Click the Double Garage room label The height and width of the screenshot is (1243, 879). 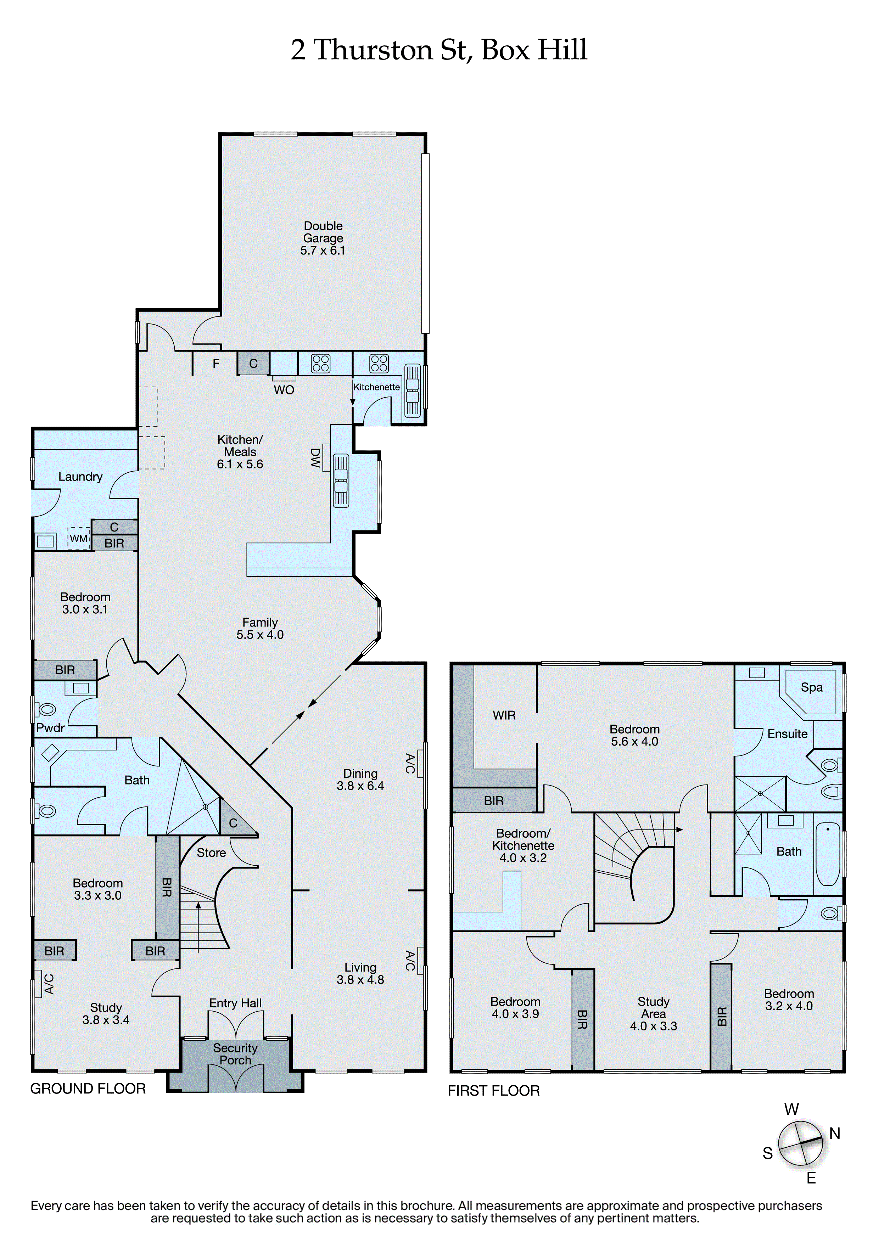(x=323, y=238)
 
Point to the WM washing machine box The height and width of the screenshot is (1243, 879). (x=79, y=539)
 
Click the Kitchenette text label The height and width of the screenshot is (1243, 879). (x=376, y=387)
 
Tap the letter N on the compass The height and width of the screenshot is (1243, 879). (x=835, y=1134)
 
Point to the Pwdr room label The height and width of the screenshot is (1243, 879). (x=50, y=728)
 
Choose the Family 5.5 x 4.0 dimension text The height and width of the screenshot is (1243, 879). (x=260, y=635)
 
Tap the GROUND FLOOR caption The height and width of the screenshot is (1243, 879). (x=88, y=1089)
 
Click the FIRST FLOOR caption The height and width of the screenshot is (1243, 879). (x=493, y=1091)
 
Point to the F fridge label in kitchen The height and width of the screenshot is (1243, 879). (x=216, y=364)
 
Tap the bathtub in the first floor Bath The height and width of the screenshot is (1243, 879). (x=828, y=854)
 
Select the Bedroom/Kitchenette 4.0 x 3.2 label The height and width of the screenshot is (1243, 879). (x=523, y=846)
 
